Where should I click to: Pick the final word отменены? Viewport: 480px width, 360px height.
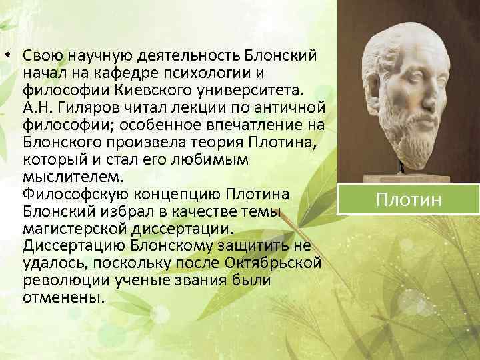[x=63, y=297]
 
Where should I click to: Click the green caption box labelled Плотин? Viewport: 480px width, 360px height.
[x=408, y=199]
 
